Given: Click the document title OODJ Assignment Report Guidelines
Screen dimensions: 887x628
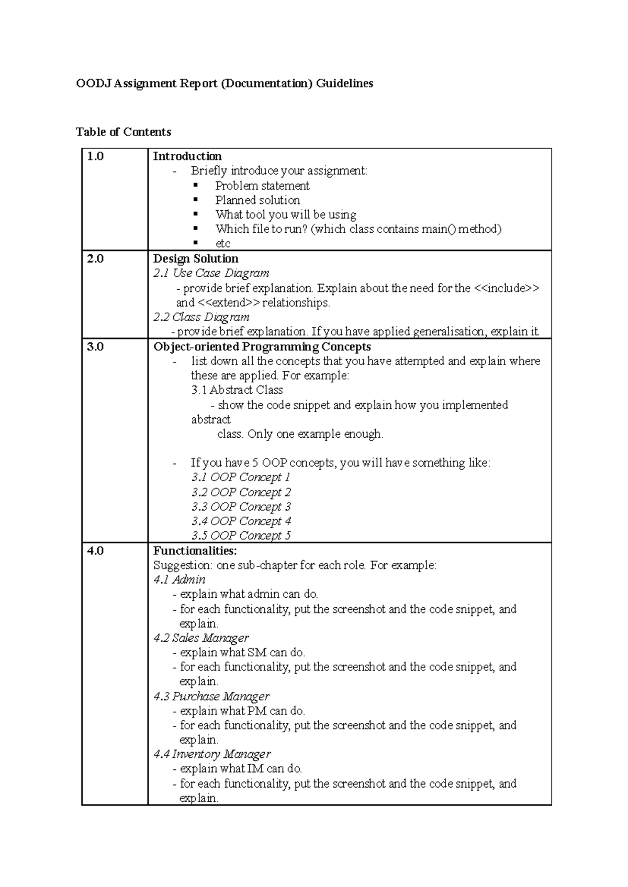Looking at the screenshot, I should (x=224, y=83).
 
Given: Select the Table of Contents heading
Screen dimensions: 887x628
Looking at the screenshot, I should (x=124, y=132).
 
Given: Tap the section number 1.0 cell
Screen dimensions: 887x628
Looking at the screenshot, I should (x=95, y=156).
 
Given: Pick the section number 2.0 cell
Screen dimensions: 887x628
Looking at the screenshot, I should (x=95, y=259).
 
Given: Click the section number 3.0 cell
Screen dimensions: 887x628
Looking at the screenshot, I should (x=95, y=347).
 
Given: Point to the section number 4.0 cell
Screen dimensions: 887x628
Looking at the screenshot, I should (x=95, y=551).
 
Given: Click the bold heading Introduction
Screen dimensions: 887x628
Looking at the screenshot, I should (x=187, y=156).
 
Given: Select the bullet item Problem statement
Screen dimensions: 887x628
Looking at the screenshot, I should (x=262, y=186).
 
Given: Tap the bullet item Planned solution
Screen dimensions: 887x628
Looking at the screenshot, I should (x=257, y=200).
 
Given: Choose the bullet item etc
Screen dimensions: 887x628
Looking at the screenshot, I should (x=222, y=244).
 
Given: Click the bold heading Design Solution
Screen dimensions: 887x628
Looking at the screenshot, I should (x=195, y=259).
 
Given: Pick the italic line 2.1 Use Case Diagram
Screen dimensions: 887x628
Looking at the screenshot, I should (x=211, y=273).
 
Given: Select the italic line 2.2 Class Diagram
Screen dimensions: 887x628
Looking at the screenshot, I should (x=201, y=317).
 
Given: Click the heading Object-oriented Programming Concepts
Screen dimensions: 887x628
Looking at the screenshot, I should (x=262, y=347).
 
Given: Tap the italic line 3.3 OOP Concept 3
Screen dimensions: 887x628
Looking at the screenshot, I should (x=241, y=507).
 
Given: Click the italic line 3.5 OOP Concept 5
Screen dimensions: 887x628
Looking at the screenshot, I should (x=241, y=536).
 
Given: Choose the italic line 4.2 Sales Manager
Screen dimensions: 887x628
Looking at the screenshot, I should (x=201, y=638).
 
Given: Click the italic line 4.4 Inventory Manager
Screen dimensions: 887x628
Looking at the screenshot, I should (x=212, y=754).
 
